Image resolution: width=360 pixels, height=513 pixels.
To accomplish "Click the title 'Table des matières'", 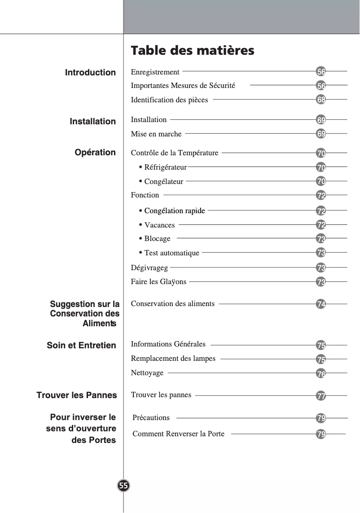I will (x=192, y=50).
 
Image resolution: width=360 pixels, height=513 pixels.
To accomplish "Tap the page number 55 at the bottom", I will (x=123, y=486).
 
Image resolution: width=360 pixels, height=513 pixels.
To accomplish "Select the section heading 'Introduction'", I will (x=90, y=73).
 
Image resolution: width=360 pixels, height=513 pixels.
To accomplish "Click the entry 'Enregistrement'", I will (x=155, y=72).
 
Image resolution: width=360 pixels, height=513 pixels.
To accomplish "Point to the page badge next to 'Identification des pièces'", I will (x=321, y=100).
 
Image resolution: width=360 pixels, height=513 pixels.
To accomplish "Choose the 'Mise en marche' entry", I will (x=156, y=134).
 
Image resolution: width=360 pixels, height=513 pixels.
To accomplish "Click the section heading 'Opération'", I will (x=95, y=153).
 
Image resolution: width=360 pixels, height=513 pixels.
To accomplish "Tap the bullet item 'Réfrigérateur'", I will (x=165, y=167).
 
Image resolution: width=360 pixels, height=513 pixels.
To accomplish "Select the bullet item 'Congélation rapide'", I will (x=174, y=211).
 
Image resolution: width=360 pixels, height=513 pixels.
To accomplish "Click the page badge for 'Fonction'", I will (x=321, y=196).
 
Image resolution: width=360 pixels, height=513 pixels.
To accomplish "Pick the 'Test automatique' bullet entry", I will (x=171, y=253).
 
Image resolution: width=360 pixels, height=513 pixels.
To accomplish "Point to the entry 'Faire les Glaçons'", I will (x=158, y=282).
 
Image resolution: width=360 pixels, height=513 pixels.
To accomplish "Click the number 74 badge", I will (x=321, y=304).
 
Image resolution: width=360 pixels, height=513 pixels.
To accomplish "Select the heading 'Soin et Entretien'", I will (x=81, y=346).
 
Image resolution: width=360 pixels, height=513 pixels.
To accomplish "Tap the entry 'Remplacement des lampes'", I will (x=173, y=359).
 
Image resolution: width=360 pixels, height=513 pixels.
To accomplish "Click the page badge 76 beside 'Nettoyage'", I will (x=321, y=373).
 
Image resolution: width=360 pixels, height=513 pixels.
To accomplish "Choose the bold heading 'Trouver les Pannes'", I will (x=76, y=395).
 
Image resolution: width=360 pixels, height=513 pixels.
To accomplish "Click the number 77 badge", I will (x=321, y=396).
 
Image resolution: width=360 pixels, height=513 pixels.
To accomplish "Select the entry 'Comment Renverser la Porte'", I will (x=178, y=434).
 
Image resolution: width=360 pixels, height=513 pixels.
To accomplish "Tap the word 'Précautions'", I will (x=151, y=418).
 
